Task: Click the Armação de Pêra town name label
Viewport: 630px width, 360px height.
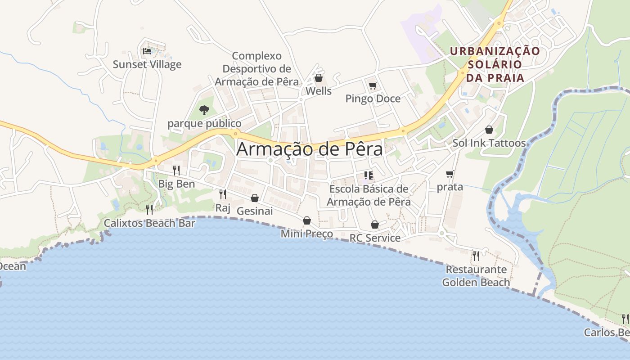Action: click(310, 149)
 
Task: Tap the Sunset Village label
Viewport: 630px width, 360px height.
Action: click(147, 64)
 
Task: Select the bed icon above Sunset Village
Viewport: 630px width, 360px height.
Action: click(147, 51)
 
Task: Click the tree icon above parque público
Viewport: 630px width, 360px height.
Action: click(204, 110)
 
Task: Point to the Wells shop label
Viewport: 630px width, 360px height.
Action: click(319, 91)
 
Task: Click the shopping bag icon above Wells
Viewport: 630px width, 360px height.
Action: click(319, 78)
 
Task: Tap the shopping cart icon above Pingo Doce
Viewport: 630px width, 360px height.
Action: click(373, 85)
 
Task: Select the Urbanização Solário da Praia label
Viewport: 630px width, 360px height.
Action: click(495, 64)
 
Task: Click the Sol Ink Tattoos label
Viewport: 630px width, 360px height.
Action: click(489, 143)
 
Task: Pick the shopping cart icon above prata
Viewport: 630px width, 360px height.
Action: click(450, 174)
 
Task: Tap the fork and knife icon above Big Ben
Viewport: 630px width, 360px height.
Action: click(176, 171)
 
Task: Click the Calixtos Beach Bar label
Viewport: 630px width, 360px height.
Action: click(149, 223)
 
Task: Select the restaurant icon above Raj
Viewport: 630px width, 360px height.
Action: click(223, 194)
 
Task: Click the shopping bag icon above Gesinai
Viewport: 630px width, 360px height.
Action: click(255, 198)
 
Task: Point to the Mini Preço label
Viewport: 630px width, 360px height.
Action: click(307, 234)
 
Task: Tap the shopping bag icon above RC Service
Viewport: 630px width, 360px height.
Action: click(375, 225)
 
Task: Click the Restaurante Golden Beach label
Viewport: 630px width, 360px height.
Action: click(476, 276)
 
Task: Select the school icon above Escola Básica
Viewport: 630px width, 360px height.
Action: click(369, 175)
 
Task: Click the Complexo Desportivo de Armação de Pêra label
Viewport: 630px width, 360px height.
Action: click(257, 69)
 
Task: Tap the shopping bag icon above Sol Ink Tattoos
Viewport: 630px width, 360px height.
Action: click(489, 130)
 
